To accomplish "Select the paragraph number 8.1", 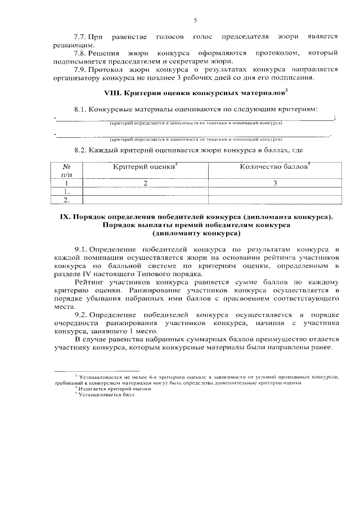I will [81, 108].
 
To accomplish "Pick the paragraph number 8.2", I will [81, 151].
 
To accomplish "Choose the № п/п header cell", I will [66, 171].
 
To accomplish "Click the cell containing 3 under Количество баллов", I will [275, 183].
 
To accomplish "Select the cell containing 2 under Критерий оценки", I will [145, 183].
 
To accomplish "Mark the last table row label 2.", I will [66, 199].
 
